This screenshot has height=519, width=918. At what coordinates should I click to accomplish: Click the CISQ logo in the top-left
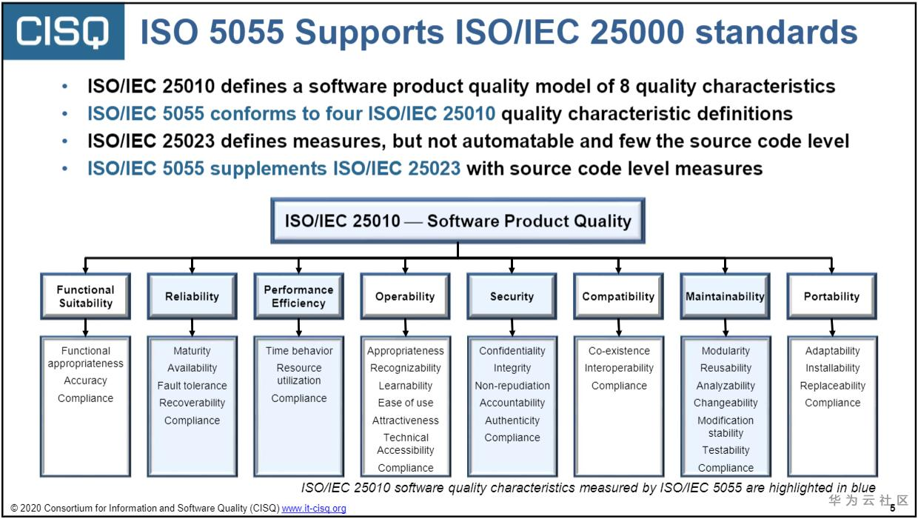[x=63, y=32]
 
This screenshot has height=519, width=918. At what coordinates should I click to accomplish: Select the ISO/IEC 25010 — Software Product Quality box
[x=458, y=221]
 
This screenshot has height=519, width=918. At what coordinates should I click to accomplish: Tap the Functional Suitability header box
[x=86, y=296]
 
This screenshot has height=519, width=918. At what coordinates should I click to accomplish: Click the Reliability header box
[x=192, y=296]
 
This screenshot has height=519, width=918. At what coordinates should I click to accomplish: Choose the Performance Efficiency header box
[x=298, y=296]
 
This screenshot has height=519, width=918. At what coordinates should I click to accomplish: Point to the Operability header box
[x=405, y=296]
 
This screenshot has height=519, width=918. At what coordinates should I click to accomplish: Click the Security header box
[x=512, y=296]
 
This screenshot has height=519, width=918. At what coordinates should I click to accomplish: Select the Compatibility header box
[x=618, y=296]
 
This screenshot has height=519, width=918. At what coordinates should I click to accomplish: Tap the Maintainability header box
[x=725, y=296]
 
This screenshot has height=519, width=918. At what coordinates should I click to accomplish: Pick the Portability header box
[x=831, y=296]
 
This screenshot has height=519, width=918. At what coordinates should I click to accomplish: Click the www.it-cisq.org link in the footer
[x=314, y=509]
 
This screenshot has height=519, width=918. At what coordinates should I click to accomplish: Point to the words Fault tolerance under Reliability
[x=192, y=386]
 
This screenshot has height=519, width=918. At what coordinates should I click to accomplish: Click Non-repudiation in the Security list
[x=512, y=386]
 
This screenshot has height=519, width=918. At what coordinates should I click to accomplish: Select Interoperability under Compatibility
[x=619, y=368]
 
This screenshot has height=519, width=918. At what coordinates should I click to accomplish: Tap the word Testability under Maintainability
[x=726, y=450]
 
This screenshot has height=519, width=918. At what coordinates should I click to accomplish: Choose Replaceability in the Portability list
[x=832, y=386]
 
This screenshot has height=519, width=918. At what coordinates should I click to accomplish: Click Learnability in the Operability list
[x=406, y=386]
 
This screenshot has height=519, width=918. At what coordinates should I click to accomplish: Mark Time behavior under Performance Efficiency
[x=299, y=351]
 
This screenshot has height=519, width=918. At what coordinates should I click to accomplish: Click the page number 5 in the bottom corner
[x=892, y=508]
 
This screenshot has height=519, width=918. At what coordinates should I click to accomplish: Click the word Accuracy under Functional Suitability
[x=86, y=381]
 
